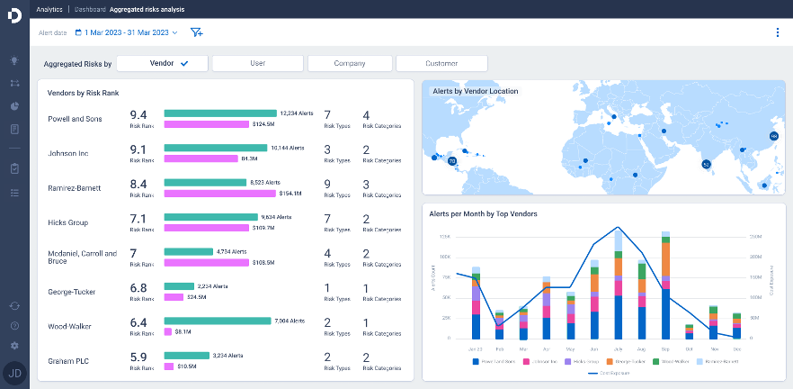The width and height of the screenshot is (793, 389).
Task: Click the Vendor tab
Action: (x=163, y=64)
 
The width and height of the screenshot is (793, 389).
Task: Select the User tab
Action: (x=256, y=64)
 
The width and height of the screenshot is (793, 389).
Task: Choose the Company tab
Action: (x=349, y=64)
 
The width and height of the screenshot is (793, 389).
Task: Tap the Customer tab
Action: (x=441, y=64)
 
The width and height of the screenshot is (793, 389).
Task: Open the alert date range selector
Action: (x=126, y=32)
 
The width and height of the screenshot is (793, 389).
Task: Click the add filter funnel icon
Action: (x=196, y=32)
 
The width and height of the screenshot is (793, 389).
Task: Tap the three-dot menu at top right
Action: (x=778, y=32)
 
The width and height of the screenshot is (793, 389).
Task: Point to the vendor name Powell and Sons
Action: (x=75, y=119)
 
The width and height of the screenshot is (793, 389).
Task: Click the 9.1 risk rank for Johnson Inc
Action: (x=138, y=149)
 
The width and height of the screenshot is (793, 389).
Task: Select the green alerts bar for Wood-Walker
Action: (x=217, y=321)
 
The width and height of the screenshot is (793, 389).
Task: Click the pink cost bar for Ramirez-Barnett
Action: (x=220, y=193)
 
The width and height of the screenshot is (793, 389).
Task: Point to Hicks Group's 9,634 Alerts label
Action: (x=277, y=217)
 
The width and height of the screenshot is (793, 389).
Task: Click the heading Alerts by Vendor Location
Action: (x=475, y=91)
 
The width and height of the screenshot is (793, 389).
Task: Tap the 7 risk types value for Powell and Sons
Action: (x=327, y=115)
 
